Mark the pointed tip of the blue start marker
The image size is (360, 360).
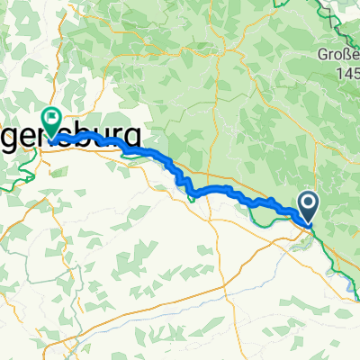pos(307,222)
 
